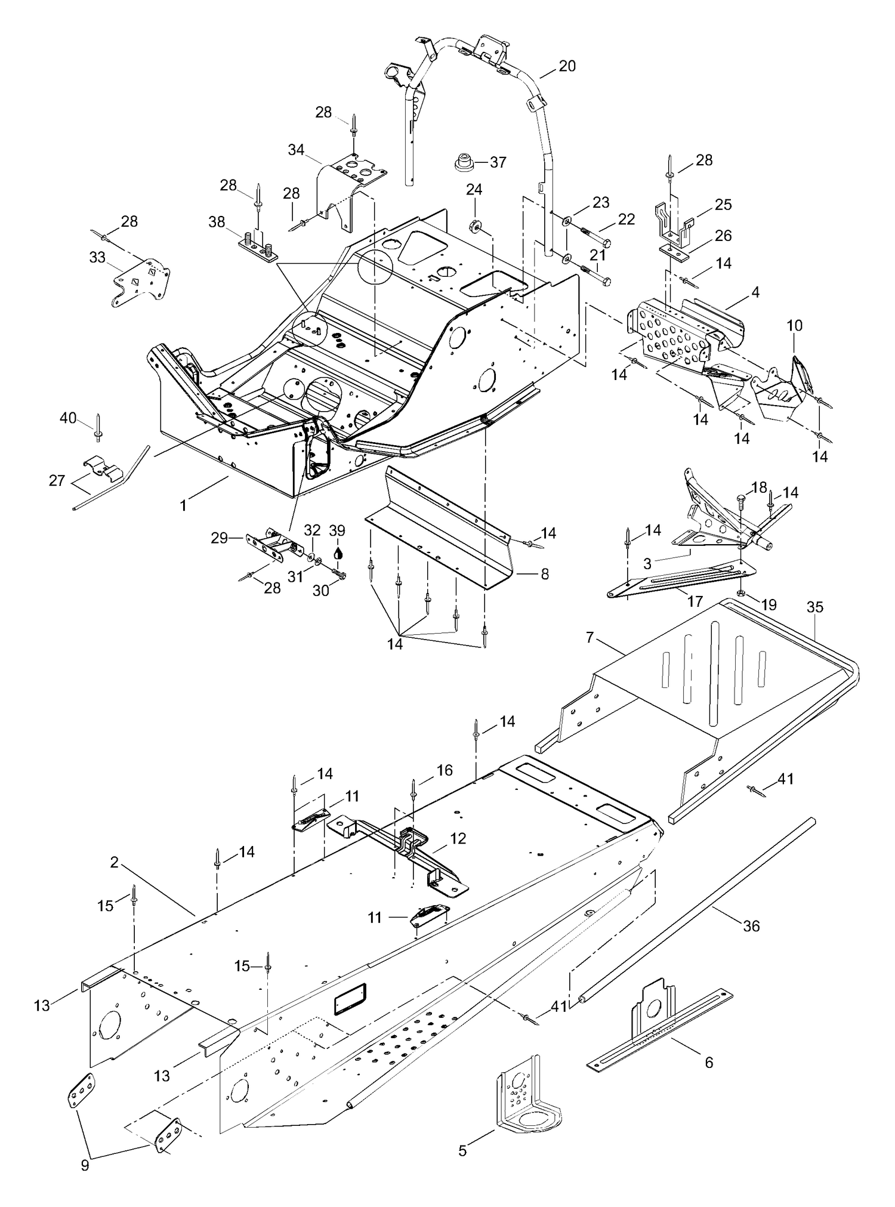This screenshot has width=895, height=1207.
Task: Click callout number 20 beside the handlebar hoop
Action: pyautogui.click(x=567, y=66)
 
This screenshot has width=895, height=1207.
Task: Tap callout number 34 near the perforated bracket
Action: pyautogui.click(x=296, y=150)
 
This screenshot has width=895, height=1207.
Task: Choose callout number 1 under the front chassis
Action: pyautogui.click(x=184, y=505)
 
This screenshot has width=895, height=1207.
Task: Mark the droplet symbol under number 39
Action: pyautogui.click(x=338, y=552)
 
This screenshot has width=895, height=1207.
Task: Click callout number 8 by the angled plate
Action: pyautogui.click(x=544, y=574)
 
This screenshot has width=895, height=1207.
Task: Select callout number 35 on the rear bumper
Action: pyautogui.click(x=814, y=607)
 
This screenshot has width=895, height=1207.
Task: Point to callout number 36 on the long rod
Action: pyautogui.click(x=751, y=925)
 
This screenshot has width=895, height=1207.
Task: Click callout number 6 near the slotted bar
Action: pyautogui.click(x=709, y=1062)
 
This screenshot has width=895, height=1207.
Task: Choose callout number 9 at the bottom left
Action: pyautogui.click(x=85, y=1165)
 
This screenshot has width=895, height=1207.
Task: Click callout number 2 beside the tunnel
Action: pyautogui.click(x=114, y=862)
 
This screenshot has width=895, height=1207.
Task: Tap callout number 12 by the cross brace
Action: pyautogui.click(x=458, y=838)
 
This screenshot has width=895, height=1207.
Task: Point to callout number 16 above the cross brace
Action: pyautogui.click(x=445, y=770)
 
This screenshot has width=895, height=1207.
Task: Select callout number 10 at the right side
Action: pyautogui.click(x=794, y=326)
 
